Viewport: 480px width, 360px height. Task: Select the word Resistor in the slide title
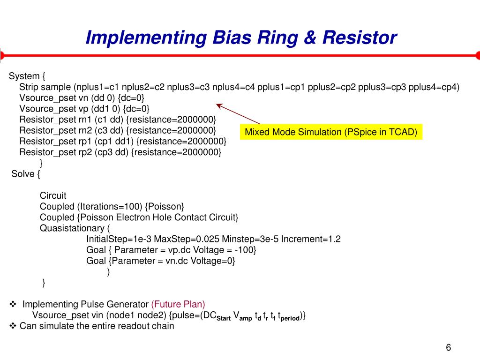(x=358, y=37)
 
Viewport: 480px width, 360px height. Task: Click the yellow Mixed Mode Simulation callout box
(x=331, y=132)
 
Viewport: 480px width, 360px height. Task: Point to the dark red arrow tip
(x=217, y=105)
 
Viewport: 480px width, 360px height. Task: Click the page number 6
(x=448, y=347)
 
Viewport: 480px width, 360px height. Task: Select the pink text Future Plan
(x=178, y=304)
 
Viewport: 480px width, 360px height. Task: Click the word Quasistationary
(x=72, y=228)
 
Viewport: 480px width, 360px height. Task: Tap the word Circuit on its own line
(x=53, y=195)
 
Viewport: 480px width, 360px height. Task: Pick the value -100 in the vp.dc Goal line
(x=246, y=250)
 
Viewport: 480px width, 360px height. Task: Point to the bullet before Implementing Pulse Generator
(x=13, y=304)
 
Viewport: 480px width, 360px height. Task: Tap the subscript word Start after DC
(x=224, y=318)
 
